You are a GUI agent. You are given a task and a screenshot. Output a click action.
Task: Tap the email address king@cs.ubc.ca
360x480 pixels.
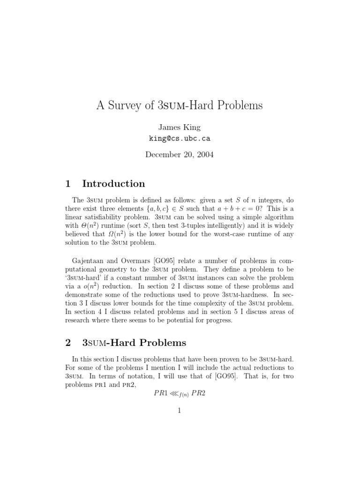180,139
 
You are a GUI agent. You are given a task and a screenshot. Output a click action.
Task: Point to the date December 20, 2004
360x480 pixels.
180,154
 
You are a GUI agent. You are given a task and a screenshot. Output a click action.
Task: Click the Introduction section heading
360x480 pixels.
113,183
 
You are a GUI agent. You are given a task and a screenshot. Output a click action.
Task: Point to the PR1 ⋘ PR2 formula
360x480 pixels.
180,393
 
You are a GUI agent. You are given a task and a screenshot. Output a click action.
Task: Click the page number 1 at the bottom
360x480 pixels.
180,411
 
